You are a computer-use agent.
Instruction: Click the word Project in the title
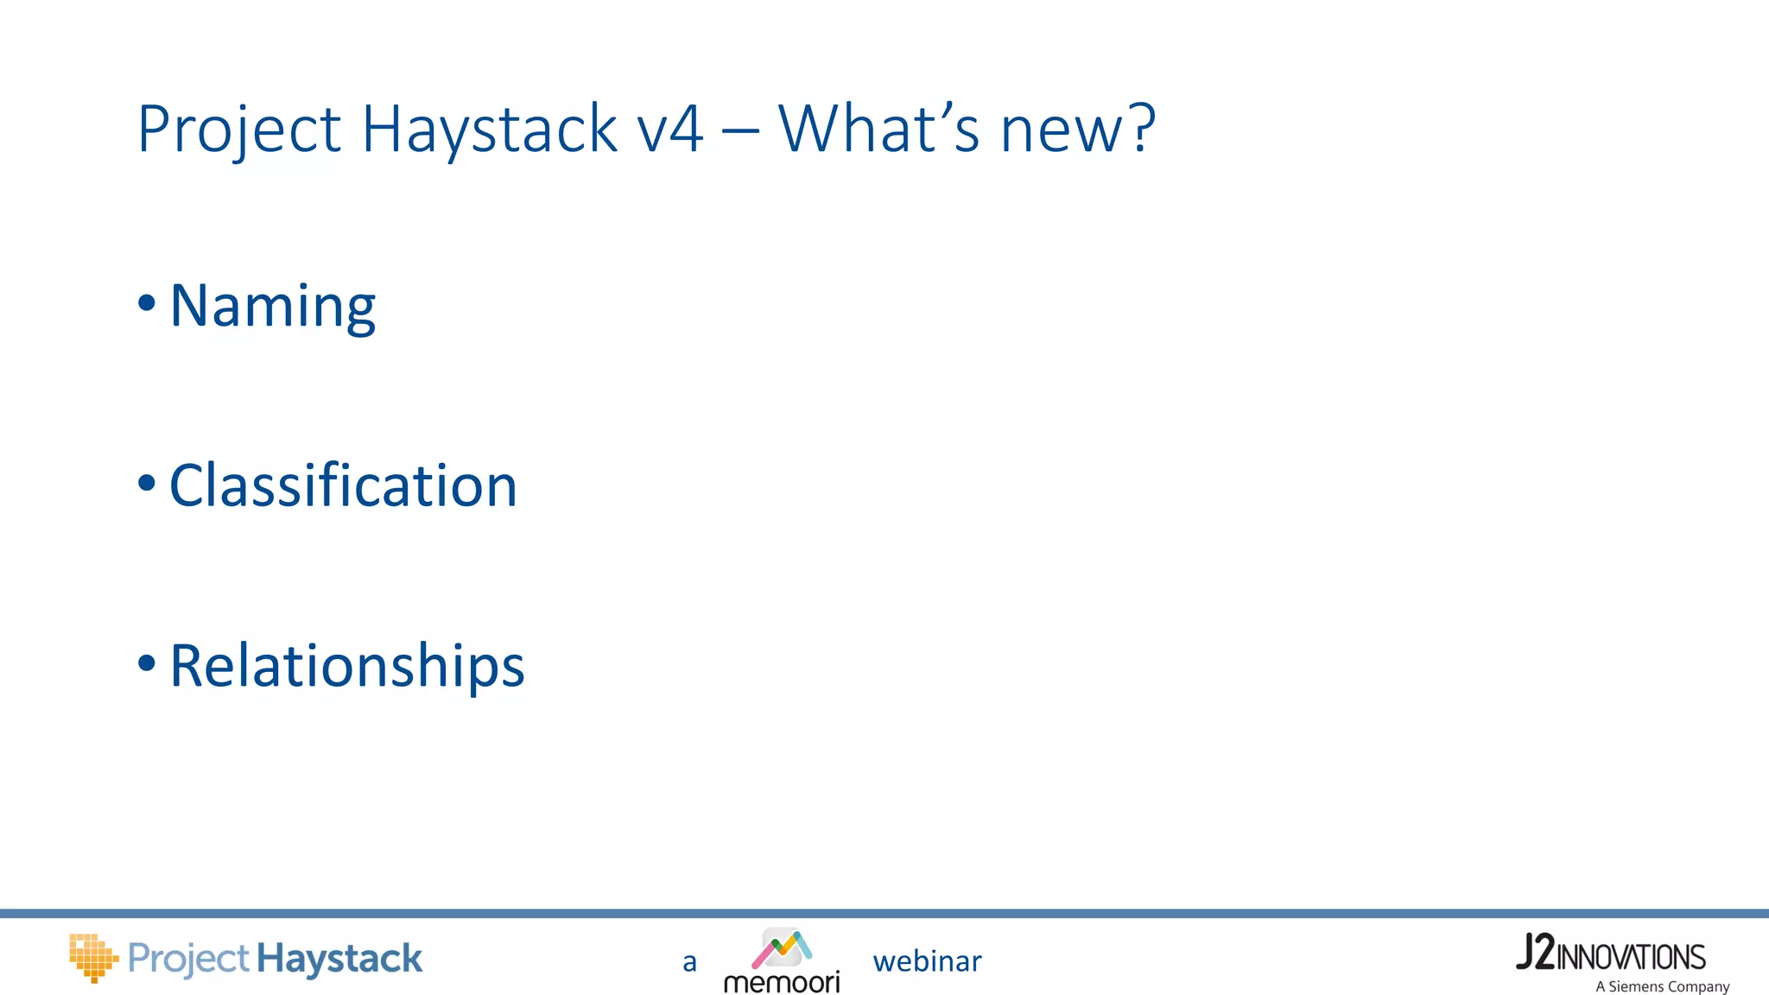click(x=239, y=130)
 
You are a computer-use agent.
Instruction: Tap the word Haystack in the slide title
click(x=489, y=130)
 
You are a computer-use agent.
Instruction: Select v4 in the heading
click(x=670, y=130)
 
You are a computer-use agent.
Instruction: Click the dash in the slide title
click(x=740, y=132)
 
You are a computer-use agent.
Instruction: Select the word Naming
click(x=273, y=306)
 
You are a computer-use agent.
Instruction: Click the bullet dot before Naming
click(x=147, y=303)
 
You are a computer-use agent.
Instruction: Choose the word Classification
click(x=343, y=485)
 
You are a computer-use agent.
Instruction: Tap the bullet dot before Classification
click(x=147, y=483)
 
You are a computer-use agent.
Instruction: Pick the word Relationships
click(x=347, y=666)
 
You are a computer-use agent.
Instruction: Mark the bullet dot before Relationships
click(x=147, y=663)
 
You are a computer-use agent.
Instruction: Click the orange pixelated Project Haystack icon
click(x=93, y=957)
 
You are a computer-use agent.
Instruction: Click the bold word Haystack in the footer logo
click(x=339, y=959)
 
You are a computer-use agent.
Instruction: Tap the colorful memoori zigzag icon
click(x=782, y=948)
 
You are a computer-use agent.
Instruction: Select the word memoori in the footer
click(x=782, y=982)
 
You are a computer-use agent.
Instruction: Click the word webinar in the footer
click(x=927, y=961)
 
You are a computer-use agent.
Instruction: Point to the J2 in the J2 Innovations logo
click(x=1536, y=953)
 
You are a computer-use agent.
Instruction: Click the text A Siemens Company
click(x=1662, y=986)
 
